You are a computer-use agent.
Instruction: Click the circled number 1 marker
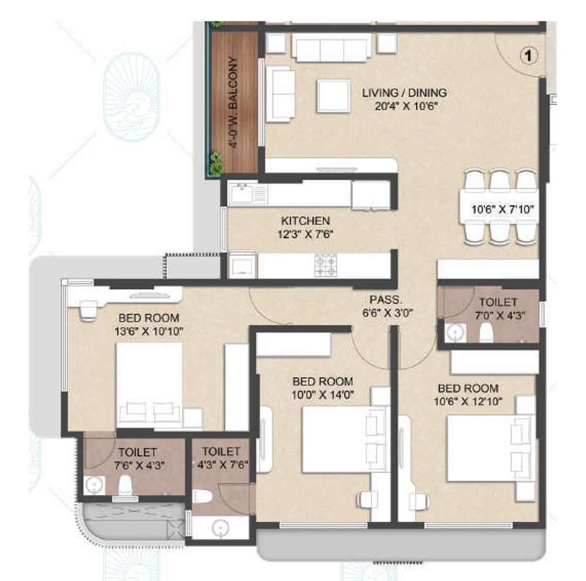pyautogui.click(x=529, y=56)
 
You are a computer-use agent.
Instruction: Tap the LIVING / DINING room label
pyautogui.click(x=404, y=93)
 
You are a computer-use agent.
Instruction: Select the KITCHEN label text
pyautogui.click(x=305, y=221)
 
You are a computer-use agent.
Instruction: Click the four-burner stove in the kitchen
pyautogui.click(x=326, y=265)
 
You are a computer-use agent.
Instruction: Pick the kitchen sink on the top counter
pyautogui.click(x=241, y=193)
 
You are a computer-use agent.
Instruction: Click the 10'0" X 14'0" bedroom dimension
pyautogui.click(x=323, y=394)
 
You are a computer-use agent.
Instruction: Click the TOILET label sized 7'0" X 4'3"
pyautogui.click(x=498, y=302)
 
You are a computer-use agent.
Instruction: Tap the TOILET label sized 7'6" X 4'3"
pyautogui.click(x=137, y=452)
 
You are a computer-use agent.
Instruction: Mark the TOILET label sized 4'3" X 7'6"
pyautogui.click(x=221, y=452)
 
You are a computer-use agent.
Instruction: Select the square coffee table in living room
pyautogui.click(x=335, y=95)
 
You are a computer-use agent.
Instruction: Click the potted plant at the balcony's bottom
pyautogui.click(x=217, y=164)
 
